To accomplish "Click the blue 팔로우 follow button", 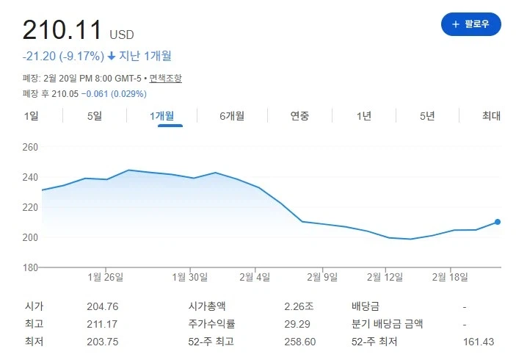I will (x=470, y=24).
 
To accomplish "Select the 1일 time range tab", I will (x=31, y=115).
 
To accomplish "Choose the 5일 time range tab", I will (x=95, y=115).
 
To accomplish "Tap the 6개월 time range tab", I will (x=232, y=115).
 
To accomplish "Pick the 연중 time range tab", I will (x=299, y=115).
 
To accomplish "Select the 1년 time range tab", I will (x=364, y=115).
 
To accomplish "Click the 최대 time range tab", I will (x=491, y=115).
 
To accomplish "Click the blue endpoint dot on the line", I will (x=498, y=222).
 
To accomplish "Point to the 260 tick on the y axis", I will (x=30, y=147).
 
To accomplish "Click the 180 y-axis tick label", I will (x=30, y=267).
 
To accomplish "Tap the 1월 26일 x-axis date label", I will (x=106, y=277).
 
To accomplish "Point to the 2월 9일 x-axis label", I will (x=322, y=277).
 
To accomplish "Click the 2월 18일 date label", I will (x=450, y=277).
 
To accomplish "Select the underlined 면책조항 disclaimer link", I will (x=165, y=78).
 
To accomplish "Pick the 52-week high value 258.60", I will (x=300, y=342).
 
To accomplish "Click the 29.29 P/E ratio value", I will (x=296, y=324).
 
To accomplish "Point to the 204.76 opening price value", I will (x=102, y=306).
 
